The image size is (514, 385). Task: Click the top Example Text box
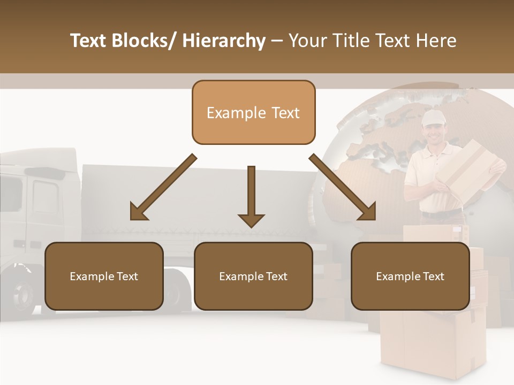pos(253,112)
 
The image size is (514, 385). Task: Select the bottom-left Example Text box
pos(104,276)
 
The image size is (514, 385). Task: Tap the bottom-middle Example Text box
pos(253,276)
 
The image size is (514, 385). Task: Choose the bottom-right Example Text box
pos(410,276)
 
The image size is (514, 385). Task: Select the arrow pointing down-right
pos(344,188)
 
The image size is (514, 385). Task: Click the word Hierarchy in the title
pos(224,41)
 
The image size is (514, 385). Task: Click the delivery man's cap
pos(433,118)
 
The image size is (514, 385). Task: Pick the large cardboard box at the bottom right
pos(434,342)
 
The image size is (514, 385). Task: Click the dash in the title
pos(277,41)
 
